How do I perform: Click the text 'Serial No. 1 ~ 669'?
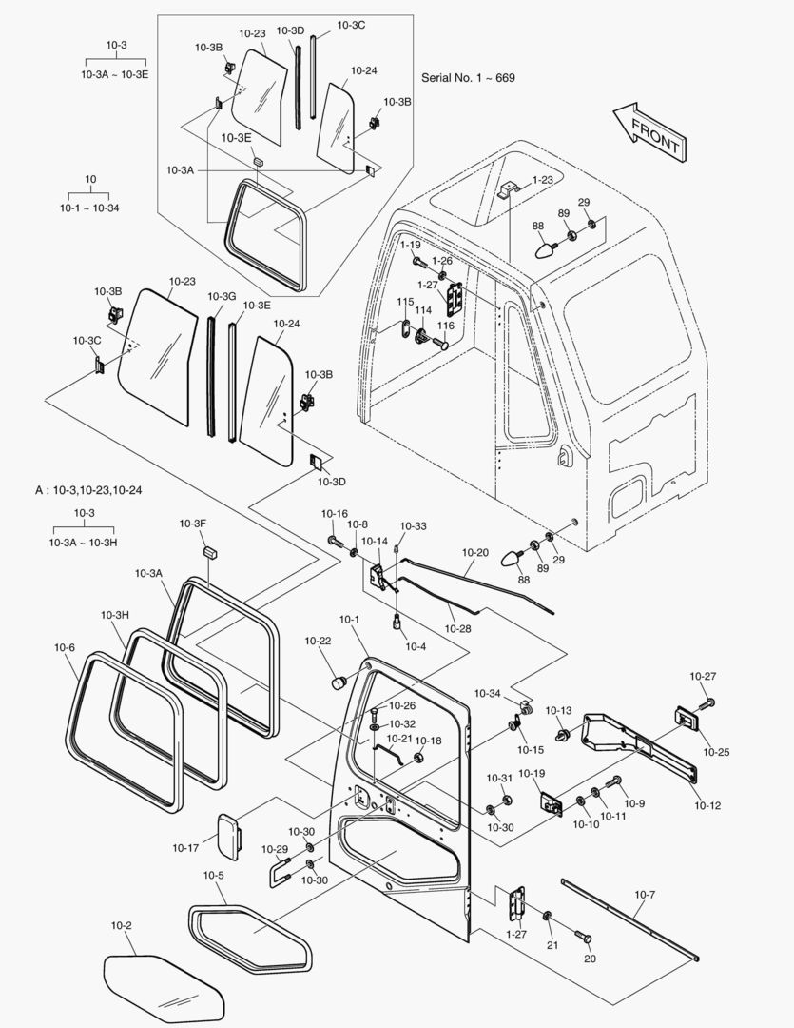pyautogui.click(x=468, y=77)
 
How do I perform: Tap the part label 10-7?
pyautogui.click(x=645, y=895)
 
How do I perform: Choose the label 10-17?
pyautogui.click(x=186, y=847)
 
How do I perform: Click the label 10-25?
pyautogui.click(x=717, y=752)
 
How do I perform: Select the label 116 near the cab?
pyautogui.click(x=445, y=326)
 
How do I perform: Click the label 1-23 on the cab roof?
pyautogui.click(x=542, y=179)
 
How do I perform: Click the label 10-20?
pyautogui.click(x=475, y=553)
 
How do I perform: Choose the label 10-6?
pyautogui.click(x=65, y=648)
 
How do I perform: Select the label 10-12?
pyautogui.click(x=707, y=805)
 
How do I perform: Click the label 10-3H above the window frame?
pyautogui.click(x=114, y=615)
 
